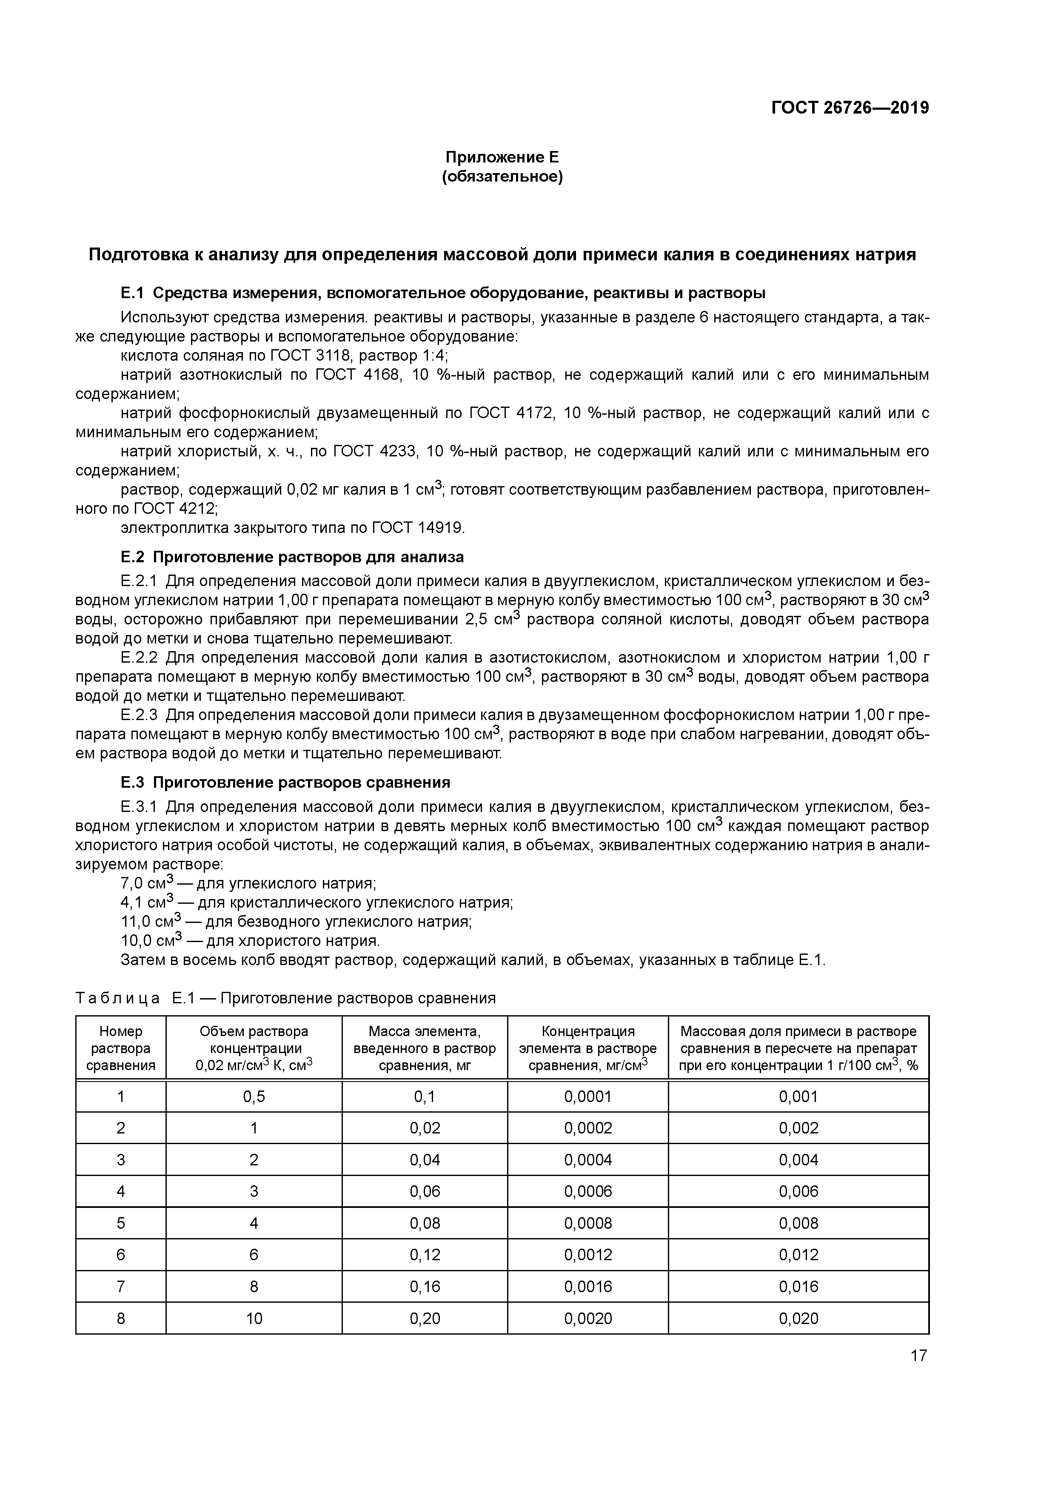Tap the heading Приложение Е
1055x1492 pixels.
(502, 157)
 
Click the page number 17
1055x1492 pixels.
(918, 1355)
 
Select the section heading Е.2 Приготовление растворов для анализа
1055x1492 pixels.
(292, 557)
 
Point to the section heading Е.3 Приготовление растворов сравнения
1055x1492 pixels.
(285, 782)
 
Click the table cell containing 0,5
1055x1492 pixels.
(254, 1097)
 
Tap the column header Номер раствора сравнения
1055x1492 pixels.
(121, 1048)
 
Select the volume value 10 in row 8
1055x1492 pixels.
(254, 1318)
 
